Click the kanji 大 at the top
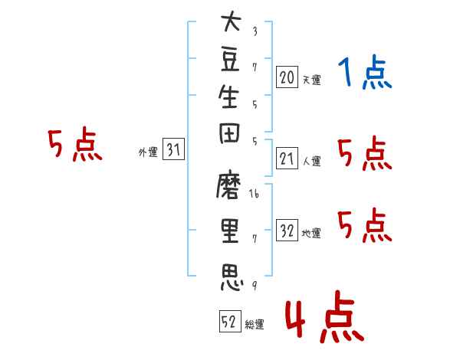point(232,21)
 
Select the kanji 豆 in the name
point(230,60)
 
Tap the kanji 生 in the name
point(228,97)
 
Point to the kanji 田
point(229,133)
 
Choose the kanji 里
point(230,231)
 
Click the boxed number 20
point(287,77)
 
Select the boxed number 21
point(287,158)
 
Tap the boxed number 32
point(287,230)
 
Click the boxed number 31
point(173,149)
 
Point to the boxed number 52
point(230,321)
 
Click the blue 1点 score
point(365,72)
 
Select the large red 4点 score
point(325,316)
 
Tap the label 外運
point(148,152)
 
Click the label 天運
point(312,80)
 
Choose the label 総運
point(255,324)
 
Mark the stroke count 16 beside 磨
point(254,194)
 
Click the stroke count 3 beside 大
point(255,31)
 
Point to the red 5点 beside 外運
point(75,144)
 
